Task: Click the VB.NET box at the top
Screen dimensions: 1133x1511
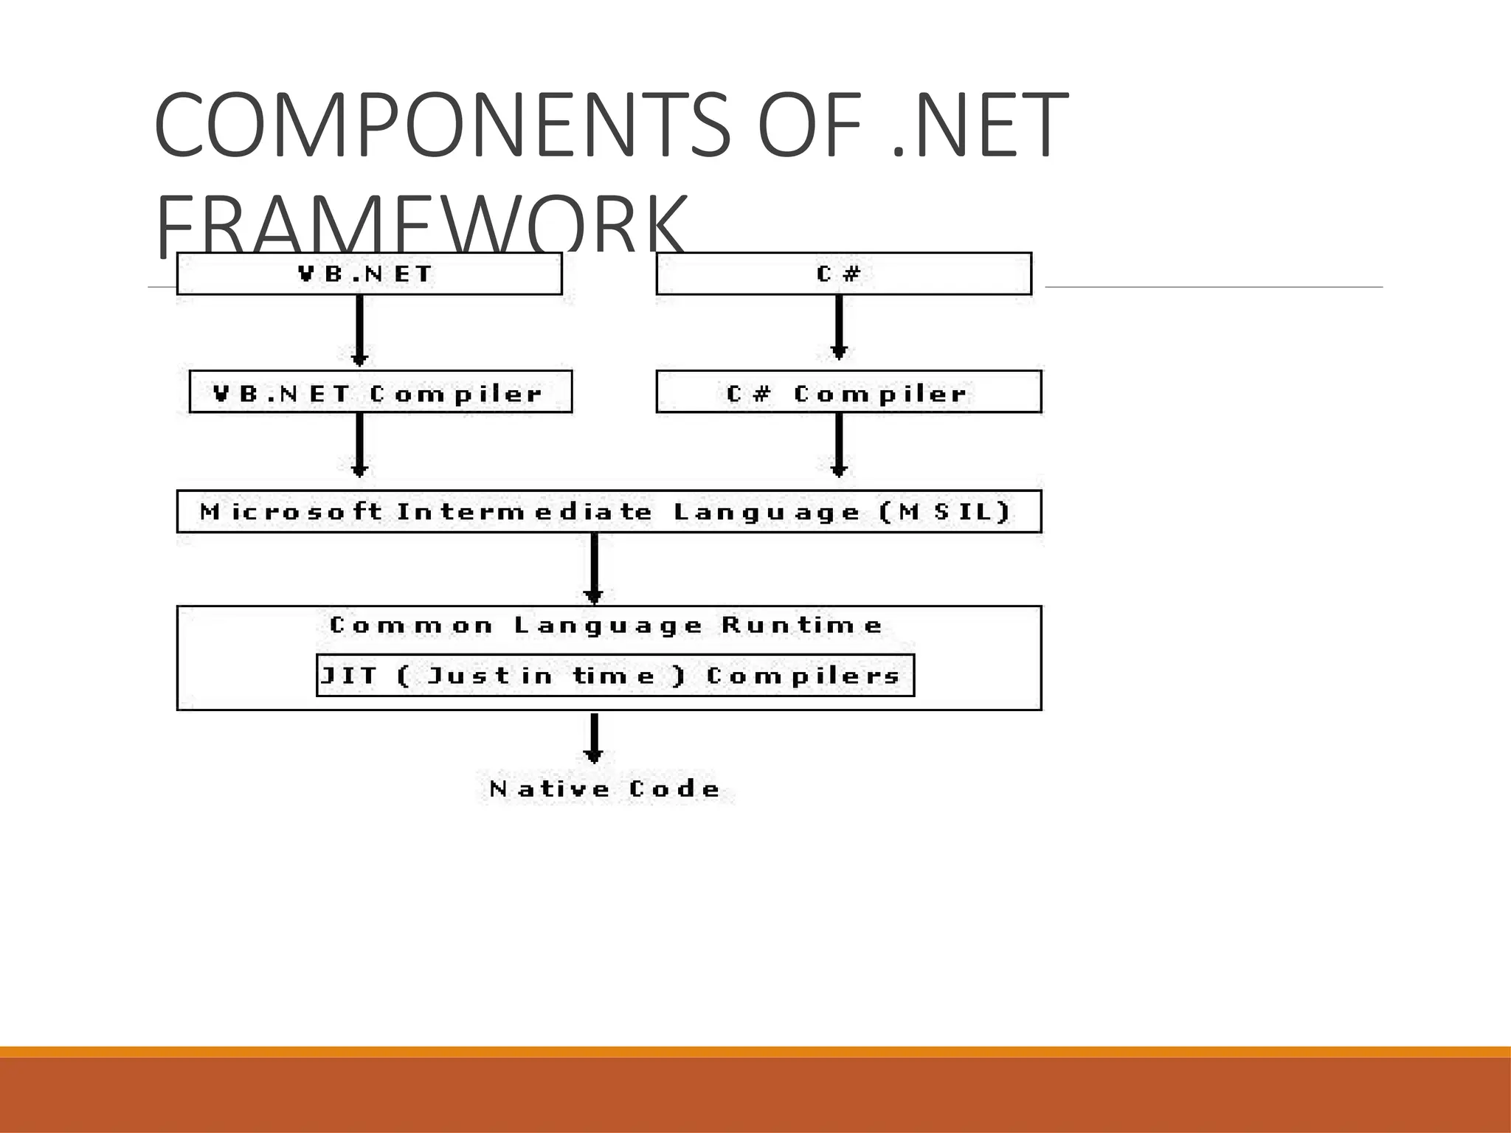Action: coord(369,274)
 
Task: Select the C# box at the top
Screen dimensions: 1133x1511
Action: coord(843,274)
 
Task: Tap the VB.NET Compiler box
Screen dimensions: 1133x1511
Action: coord(381,392)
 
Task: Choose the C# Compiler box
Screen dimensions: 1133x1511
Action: coord(848,392)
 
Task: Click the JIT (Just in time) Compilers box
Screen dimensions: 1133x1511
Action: coord(615,675)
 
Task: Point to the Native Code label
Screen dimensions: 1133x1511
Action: coord(605,789)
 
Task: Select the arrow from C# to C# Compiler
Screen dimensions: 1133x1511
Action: coord(838,327)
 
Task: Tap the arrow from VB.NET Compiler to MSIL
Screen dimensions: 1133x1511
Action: coord(359,445)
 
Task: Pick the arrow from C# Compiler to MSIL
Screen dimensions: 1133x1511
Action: coord(838,445)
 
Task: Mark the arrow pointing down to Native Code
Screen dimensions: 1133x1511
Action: coord(594,738)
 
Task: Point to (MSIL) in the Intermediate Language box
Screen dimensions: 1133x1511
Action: coord(946,511)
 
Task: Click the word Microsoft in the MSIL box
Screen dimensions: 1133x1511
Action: coord(291,511)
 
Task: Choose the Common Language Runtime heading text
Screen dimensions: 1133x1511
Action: coord(606,626)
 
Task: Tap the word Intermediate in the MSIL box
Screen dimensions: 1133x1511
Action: coord(525,511)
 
